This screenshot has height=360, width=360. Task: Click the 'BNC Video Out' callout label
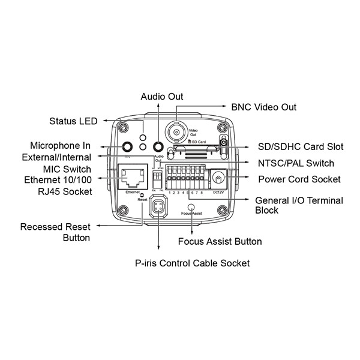pyautogui.click(x=264, y=107)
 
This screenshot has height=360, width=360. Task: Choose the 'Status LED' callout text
pyautogui.click(x=73, y=121)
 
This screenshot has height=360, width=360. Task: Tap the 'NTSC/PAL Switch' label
pyautogui.click(x=295, y=163)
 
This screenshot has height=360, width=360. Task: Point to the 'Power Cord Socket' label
pyautogui.click(x=299, y=179)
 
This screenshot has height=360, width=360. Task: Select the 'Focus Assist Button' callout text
pyautogui.click(x=220, y=242)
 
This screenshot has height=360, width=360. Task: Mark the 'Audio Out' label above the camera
pyautogui.click(x=162, y=96)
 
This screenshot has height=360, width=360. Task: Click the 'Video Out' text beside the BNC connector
pyautogui.click(x=194, y=133)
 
